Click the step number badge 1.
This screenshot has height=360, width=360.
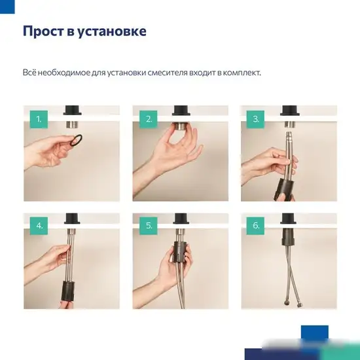[39, 119]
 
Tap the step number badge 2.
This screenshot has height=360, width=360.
[149, 119]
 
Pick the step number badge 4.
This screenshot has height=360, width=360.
[39, 226]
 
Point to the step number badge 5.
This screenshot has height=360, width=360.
[149, 226]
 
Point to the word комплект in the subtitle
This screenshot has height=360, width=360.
[241, 73]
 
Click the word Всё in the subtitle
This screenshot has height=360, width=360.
[29, 73]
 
